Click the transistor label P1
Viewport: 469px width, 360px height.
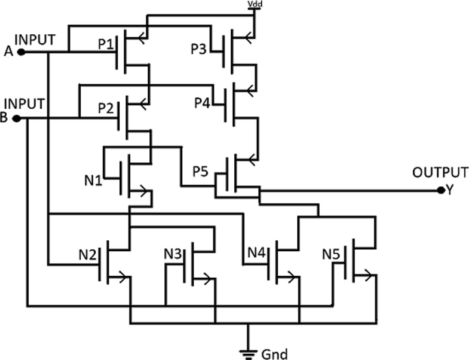pyautogui.click(x=106, y=44)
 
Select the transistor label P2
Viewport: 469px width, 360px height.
pyautogui.click(x=106, y=108)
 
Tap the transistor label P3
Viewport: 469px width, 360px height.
pyautogui.click(x=199, y=49)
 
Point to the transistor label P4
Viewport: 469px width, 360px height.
pyautogui.click(x=202, y=103)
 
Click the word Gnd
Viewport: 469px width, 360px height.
pyautogui.click(x=275, y=354)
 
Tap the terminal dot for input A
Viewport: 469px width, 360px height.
pyautogui.click(x=21, y=51)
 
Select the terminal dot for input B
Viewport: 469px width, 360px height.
pyautogui.click(x=16, y=118)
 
